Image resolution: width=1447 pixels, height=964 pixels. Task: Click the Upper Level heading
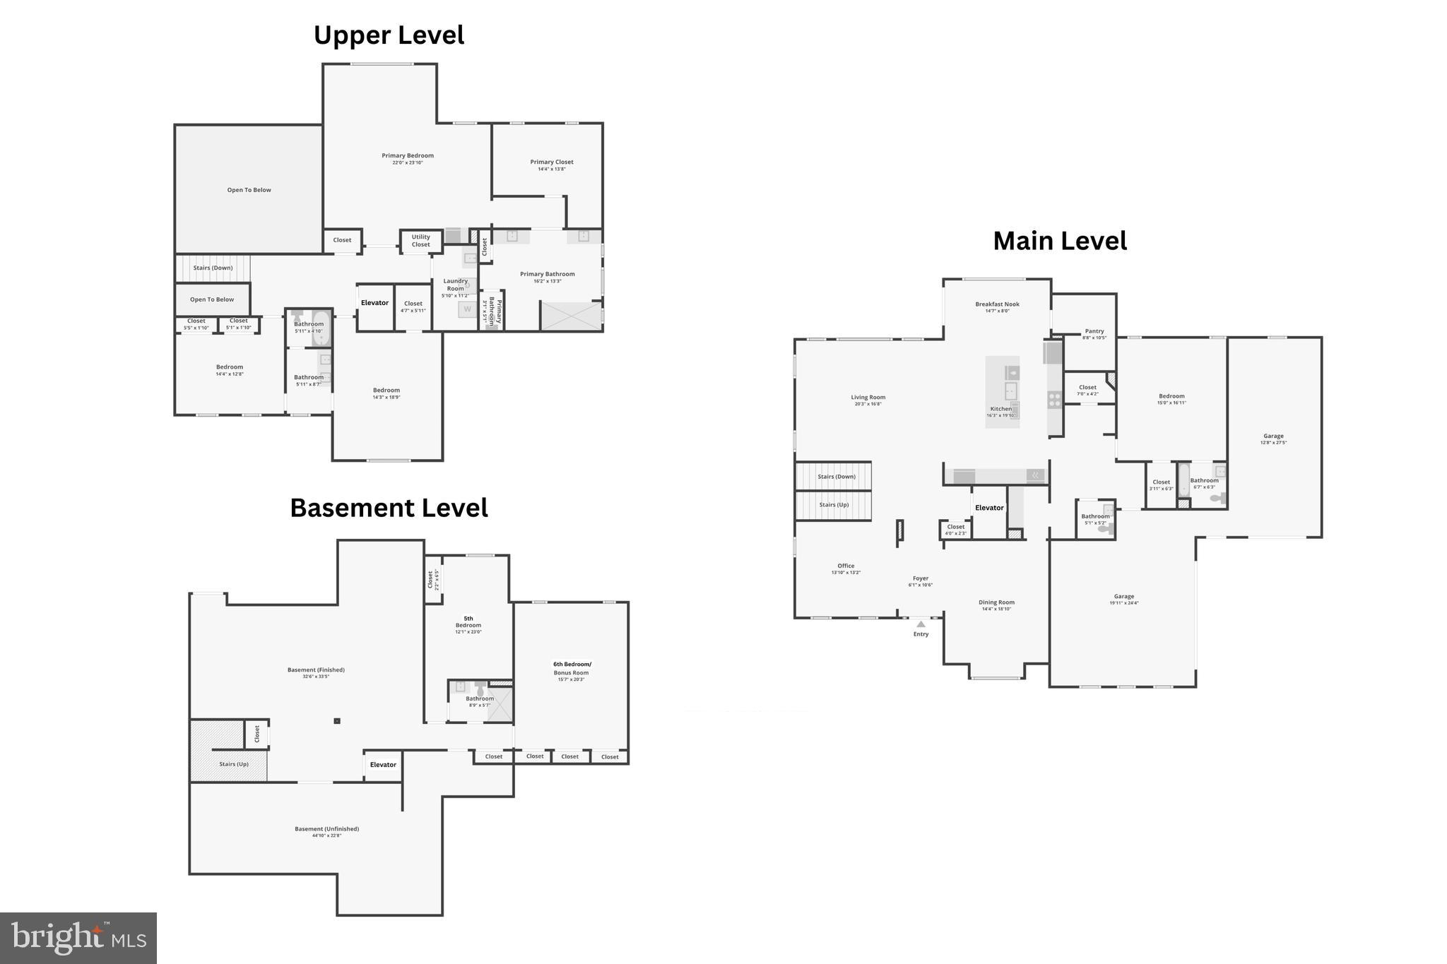(389, 35)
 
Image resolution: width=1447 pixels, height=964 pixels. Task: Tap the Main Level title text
(1060, 241)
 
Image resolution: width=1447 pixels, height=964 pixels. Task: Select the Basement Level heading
(389, 508)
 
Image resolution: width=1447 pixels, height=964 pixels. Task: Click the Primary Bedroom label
(408, 156)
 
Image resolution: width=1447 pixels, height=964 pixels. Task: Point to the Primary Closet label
(552, 162)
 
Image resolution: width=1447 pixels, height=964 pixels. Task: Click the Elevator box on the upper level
(374, 303)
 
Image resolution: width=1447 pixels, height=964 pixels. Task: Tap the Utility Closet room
(420, 241)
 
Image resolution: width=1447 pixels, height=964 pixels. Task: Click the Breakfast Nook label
(997, 304)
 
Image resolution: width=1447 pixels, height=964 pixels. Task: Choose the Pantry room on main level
(1094, 332)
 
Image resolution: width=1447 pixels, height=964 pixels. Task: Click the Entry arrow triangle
(921, 624)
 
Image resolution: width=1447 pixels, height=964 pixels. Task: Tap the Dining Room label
(996, 603)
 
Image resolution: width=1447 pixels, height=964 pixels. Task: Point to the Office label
(846, 566)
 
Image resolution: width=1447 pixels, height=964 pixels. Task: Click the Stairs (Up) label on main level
(834, 505)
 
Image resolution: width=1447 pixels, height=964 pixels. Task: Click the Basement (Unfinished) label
(326, 829)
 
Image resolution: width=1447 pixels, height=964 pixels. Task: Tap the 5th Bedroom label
(468, 622)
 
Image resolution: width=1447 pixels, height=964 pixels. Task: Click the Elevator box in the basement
(383, 765)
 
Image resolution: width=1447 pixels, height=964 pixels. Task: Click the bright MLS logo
(78, 938)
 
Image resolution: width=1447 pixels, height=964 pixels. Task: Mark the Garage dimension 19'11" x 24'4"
(1123, 604)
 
